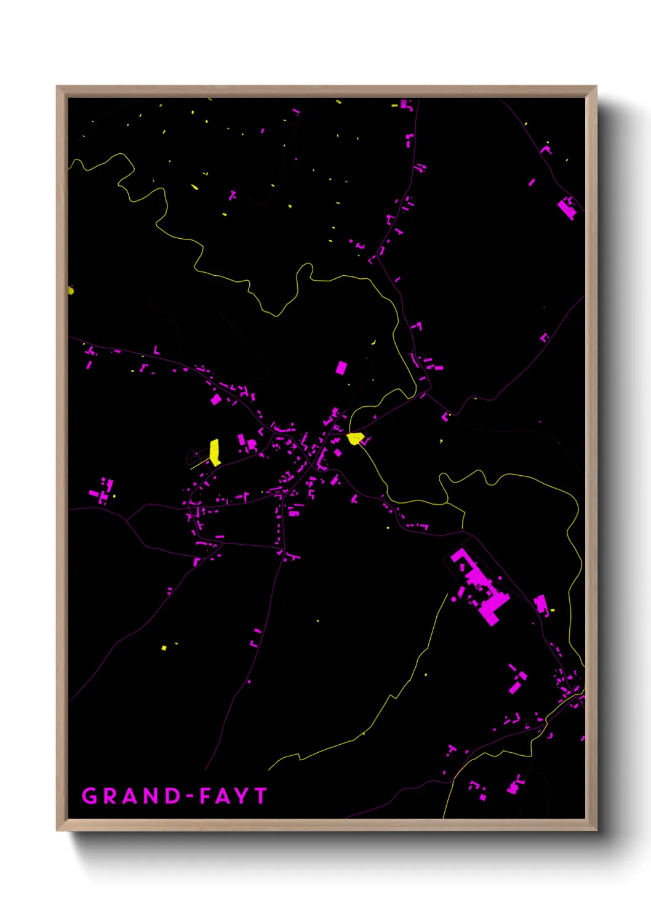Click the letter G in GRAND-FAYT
[x=90, y=796]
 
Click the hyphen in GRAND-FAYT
[x=191, y=797]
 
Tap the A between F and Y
[x=223, y=796]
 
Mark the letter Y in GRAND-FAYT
[x=242, y=796]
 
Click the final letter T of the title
[x=261, y=796]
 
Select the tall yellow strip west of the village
[x=215, y=451]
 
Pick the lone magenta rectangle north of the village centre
[x=341, y=368]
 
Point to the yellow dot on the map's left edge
[x=71, y=290]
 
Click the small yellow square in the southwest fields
[x=164, y=648]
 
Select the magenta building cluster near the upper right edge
[x=568, y=207]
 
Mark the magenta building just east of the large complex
[x=541, y=603]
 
